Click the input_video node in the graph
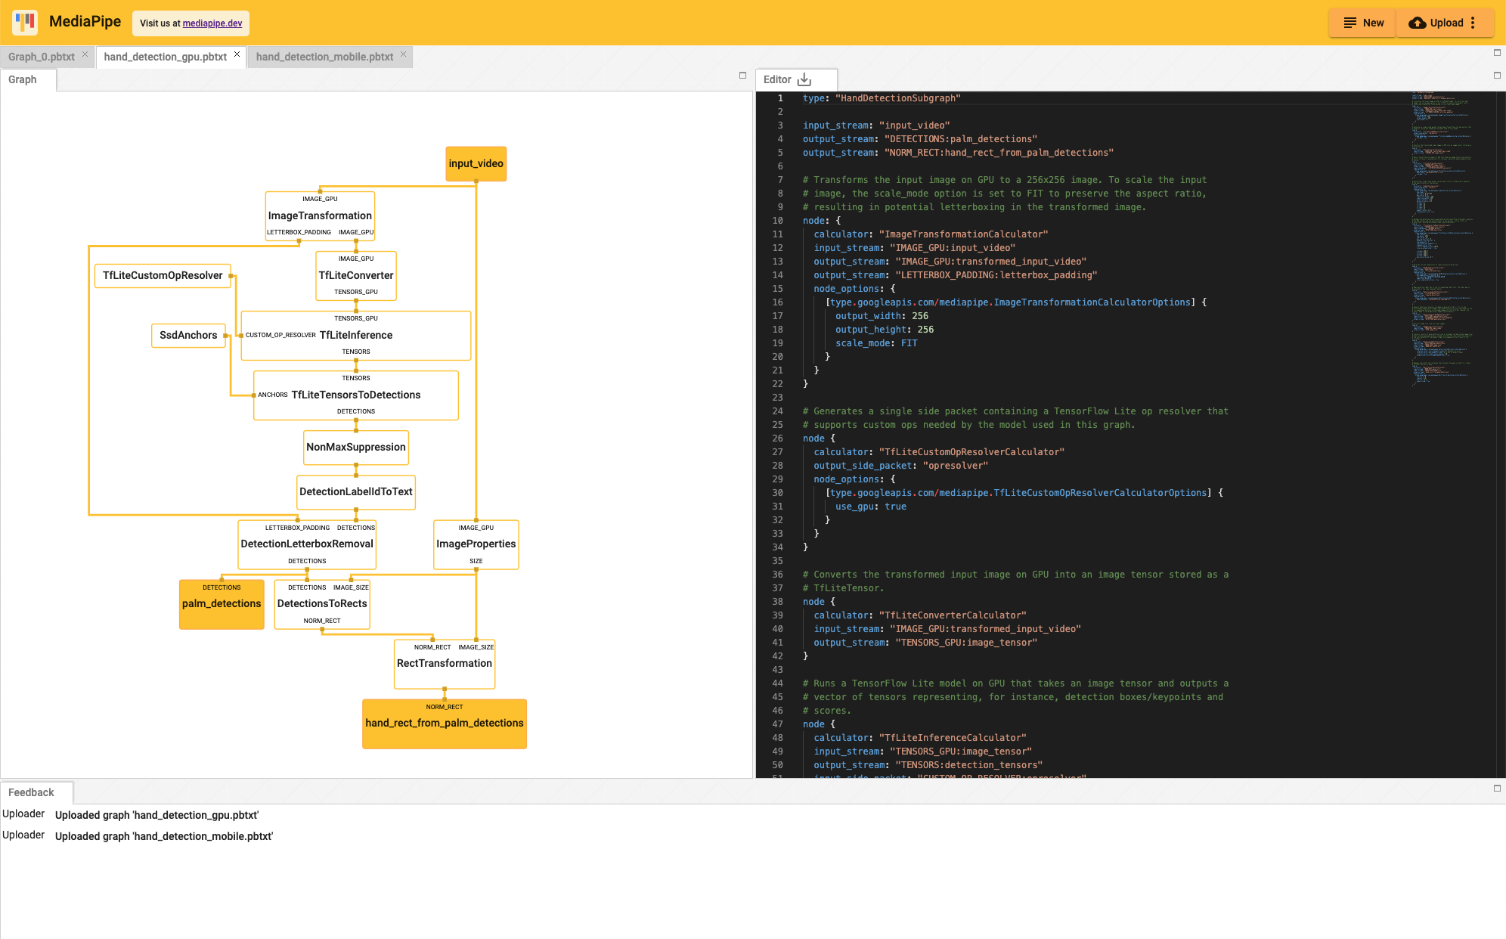pyautogui.click(x=476, y=163)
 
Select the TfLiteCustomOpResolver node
pyautogui.click(x=163, y=275)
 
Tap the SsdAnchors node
pyautogui.click(x=188, y=335)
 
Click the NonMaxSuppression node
pyautogui.click(x=355, y=447)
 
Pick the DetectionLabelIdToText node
pyautogui.click(x=355, y=491)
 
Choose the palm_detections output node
pyautogui.click(x=222, y=603)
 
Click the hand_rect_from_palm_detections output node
pyautogui.click(x=444, y=723)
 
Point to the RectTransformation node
pyautogui.click(x=444, y=663)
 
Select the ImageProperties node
pyautogui.click(x=476, y=544)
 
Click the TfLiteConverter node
pyautogui.click(x=355, y=275)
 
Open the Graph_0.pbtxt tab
pyautogui.click(x=42, y=57)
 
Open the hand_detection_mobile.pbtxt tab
pyautogui.click(x=324, y=57)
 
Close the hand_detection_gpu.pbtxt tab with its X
pyautogui.click(x=237, y=54)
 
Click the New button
pyautogui.click(x=1363, y=23)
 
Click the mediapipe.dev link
pyautogui.click(x=212, y=23)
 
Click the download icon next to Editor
pyautogui.click(x=804, y=79)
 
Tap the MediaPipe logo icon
pyautogui.click(x=25, y=22)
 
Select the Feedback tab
pyautogui.click(x=31, y=792)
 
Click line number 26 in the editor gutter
pyautogui.click(x=777, y=439)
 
